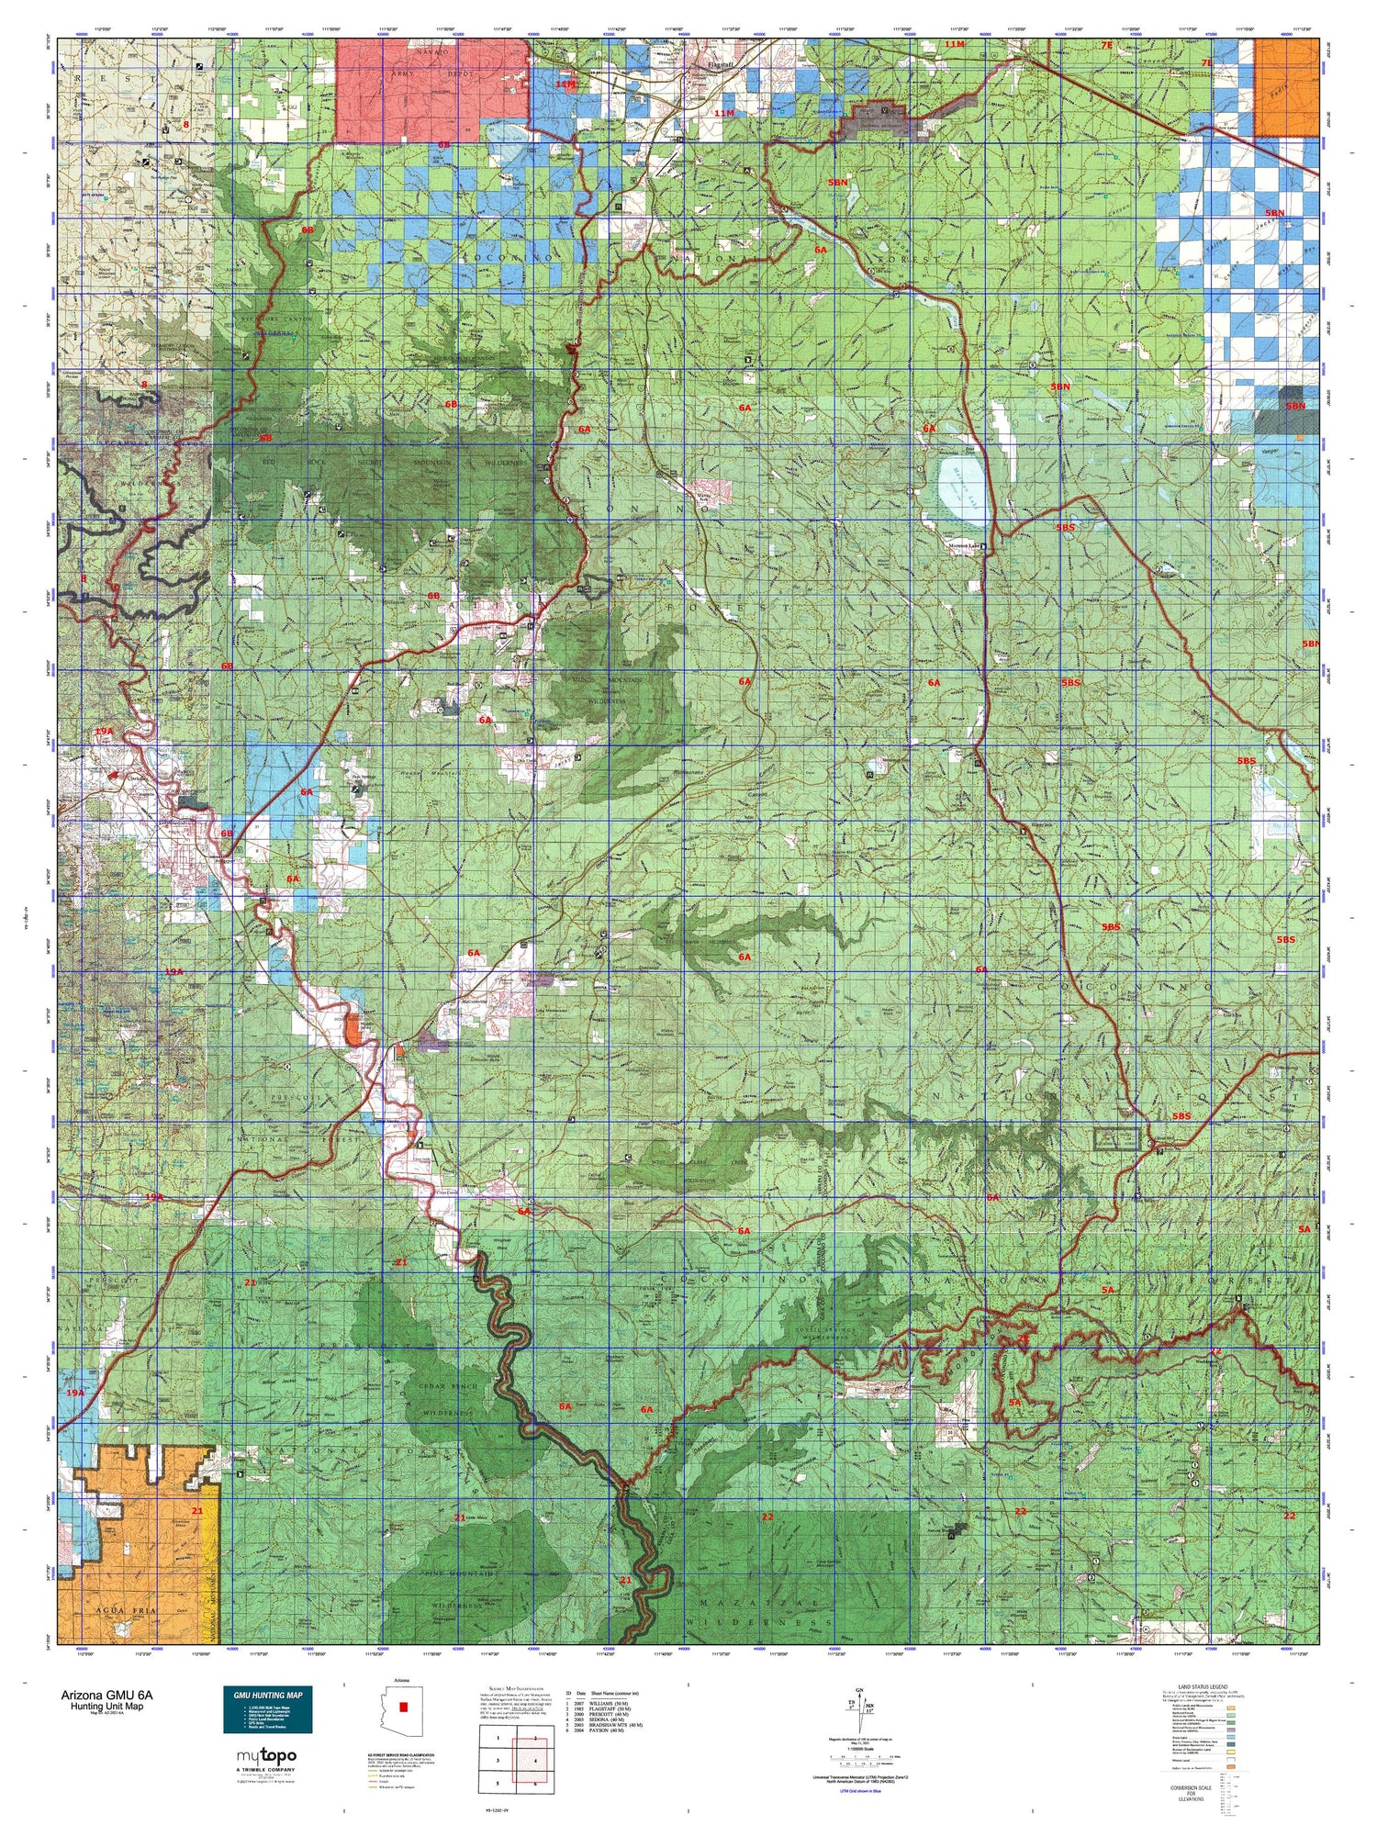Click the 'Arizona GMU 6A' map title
click(102, 1696)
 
